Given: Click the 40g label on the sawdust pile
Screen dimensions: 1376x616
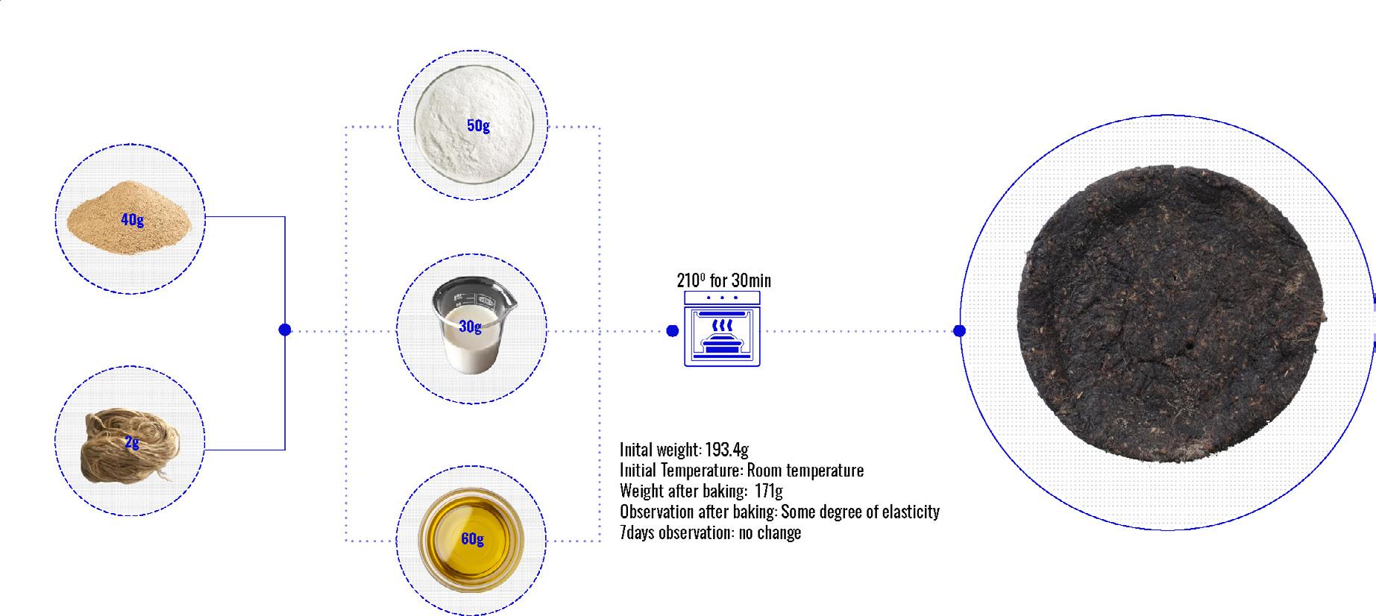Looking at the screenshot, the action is tap(132, 219).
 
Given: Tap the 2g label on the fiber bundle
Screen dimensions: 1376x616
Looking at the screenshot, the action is tap(132, 442).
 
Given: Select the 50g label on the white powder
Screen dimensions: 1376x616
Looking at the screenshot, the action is tap(478, 125).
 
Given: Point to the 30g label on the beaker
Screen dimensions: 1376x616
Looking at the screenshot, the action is tap(470, 326).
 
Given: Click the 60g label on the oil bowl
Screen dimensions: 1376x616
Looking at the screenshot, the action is tap(472, 538).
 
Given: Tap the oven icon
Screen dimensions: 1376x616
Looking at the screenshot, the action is tap(722, 329).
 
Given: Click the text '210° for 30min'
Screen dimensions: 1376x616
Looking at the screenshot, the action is tap(723, 280).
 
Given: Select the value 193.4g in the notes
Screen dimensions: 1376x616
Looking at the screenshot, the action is tap(726, 450).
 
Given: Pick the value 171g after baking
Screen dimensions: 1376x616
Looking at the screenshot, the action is tap(767, 491).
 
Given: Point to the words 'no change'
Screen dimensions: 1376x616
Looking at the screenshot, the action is tap(770, 532).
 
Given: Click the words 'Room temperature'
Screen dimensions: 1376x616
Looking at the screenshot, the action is tap(805, 471).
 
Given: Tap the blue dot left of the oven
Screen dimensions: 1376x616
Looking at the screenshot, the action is tap(672, 330).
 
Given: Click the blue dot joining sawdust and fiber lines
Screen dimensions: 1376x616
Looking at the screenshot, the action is tap(284, 330).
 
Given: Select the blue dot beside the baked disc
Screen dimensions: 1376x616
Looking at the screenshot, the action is tap(960, 330).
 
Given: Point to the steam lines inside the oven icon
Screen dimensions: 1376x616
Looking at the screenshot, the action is tap(721, 326).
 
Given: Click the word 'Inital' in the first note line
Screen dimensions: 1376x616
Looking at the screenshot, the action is tap(636, 450).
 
